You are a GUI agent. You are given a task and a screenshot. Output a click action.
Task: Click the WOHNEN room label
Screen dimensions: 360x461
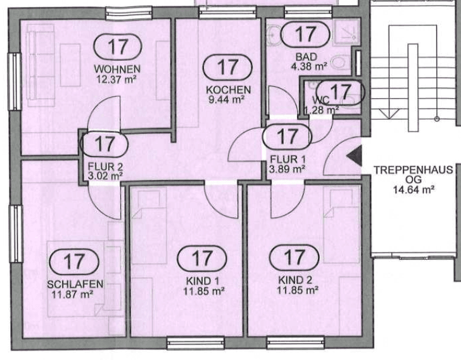click(x=117, y=68)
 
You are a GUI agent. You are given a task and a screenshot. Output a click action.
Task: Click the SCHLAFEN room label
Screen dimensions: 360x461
click(x=75, y=283)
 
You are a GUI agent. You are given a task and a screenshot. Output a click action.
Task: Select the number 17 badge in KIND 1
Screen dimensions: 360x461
click(x=201, y=258)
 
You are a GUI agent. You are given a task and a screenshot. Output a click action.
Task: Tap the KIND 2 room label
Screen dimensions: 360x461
click(x=294, y=280)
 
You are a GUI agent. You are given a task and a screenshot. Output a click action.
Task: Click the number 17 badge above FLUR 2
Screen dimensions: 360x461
click(x=104, y=144)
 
